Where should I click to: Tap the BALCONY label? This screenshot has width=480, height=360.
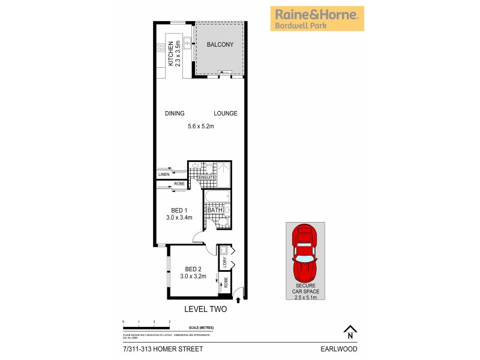(x=220, y=45)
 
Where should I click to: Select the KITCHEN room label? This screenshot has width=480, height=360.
(x=171, y=53)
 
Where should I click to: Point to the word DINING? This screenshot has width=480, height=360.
(x=175, y=113)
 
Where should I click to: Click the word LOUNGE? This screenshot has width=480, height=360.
(x=226, y=113)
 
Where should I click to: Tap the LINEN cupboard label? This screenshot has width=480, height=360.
(x=163, y=174)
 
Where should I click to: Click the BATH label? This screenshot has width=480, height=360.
(x=215, y=210)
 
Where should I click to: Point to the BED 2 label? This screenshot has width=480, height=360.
(x=193, y=268)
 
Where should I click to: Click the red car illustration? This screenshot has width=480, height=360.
(x=305, y=251)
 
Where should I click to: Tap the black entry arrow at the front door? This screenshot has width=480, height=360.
(x=239, y=299)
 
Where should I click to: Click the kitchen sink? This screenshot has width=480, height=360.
(x=187, y=43)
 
